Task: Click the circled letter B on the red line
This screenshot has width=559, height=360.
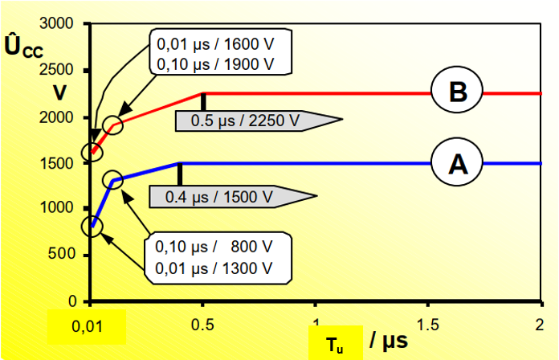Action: (x=457, y=90)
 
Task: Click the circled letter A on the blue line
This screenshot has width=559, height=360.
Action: (x=457, y=162)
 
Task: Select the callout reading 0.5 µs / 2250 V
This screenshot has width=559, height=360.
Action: (x=259, y=121)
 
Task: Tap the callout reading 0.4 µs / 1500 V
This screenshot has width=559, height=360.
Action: (x=233, y=197)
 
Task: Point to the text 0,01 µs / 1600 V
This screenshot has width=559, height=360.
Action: (x=215, y=44)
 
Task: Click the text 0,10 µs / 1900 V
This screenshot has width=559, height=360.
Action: (x=215, y=64)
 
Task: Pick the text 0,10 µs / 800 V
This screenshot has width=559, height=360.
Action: (x=214, y=247)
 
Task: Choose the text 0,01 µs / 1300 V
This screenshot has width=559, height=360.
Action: (x=214, y=268)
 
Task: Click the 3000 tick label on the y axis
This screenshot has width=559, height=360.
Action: (x=56, y=23)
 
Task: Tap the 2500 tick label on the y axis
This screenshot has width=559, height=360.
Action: (x=56, y=70)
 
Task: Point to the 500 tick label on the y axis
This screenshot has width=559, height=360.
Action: (x=61, y=254)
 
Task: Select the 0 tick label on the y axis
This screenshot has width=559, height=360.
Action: (x=72, y=301)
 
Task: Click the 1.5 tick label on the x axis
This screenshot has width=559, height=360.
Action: (x=427, y=325)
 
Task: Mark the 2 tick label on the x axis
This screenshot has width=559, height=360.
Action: (x=540, y=325)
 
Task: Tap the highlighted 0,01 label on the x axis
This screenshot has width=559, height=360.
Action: (x=87, y=326)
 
